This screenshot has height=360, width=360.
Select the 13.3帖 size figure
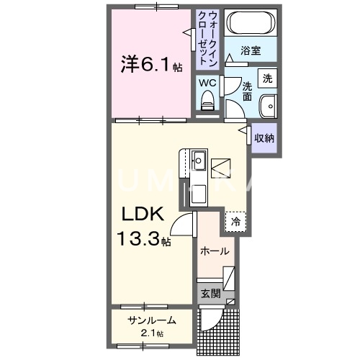coord(145,238)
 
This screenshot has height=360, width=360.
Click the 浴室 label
coord(250,51)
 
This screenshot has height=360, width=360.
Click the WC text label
coord(207,82)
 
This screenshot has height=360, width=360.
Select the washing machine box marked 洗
coord(267,78)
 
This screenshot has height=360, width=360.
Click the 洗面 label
coord(246,90)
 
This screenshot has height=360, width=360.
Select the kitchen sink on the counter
coord(199,158)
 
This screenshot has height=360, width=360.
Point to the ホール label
coord(215,251)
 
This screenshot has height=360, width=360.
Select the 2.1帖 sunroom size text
coord(150,333)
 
